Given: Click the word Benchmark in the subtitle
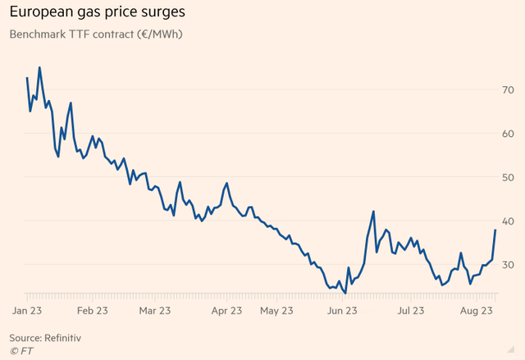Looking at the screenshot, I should pyautogui.click(x=39, y=34).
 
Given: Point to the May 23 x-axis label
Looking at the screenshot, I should pyautogui.click(x=276, y=311).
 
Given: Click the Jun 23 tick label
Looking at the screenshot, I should pyautogui.click(x=342, y=311).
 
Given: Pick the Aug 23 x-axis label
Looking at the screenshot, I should pyautogui.click(x=475, y=311).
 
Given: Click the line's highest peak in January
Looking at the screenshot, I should pyautogui.click(x=39, y=67).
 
